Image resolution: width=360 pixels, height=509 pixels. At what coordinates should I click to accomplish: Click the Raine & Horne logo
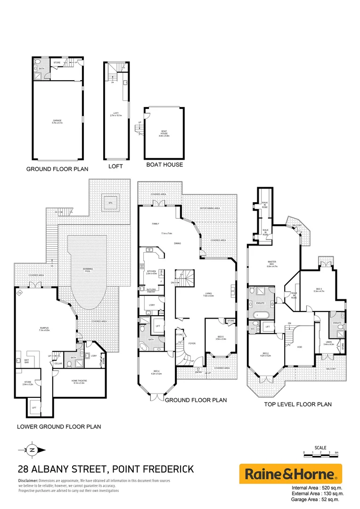pyautogui.click(x=291, y=474)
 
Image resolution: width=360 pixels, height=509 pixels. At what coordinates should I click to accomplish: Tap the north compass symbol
pyautogui.click(x=32, y=450)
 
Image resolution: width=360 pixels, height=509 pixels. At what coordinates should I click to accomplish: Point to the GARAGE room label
pyautogui.click(x=57, y=122)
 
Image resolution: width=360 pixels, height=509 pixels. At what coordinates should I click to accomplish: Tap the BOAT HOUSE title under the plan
pyautogui.click(x=164, y=165)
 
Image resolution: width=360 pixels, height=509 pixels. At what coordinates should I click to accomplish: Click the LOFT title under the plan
pyautogui.click(x=115, y=166)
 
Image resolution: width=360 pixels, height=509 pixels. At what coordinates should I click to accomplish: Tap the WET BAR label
pyautogui.click(x=20, y=361)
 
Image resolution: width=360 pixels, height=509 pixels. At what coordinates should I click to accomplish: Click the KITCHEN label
pyautogui.click(x=152, y=272)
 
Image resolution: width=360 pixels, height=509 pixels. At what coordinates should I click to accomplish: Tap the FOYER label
pyautogui.click(x=192, y=344)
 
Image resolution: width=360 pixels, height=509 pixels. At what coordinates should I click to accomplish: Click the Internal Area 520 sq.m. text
pyautogui.click(x=317, y=487)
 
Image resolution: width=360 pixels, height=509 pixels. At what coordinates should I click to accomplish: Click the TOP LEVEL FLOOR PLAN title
pyautogui.click(x=298, y=404)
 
